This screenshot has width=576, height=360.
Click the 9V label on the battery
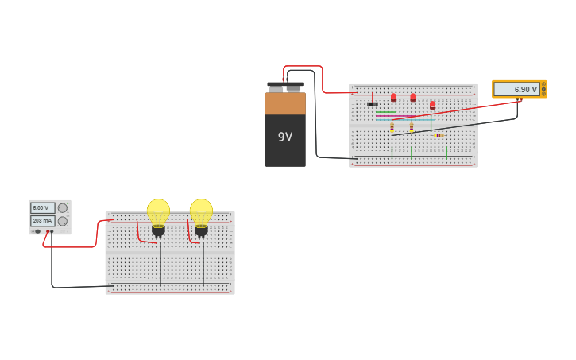tap(284, 137)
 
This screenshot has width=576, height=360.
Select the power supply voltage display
tap(42, 207)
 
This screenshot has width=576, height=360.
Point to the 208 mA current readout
tap(42, 221)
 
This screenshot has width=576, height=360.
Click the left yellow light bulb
tap(158, 211)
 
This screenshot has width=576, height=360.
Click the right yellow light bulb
tap(201, 211)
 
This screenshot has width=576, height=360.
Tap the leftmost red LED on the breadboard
tap(393, 97)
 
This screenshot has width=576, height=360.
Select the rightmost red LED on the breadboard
tap(432, 104)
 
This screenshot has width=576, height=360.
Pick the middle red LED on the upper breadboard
tap(412, 97)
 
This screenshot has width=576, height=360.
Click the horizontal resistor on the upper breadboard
tap(439, 135)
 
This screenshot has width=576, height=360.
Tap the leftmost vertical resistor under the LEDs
tap(392, 126)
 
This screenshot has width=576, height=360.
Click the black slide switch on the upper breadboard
tap(372, 104)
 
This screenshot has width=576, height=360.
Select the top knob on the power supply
tap(63, 208)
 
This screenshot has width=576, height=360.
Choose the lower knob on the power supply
tap(63, 221)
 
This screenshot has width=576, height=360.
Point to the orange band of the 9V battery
tap(284, 103)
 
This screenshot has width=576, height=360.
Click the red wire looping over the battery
tap(303, 67)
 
